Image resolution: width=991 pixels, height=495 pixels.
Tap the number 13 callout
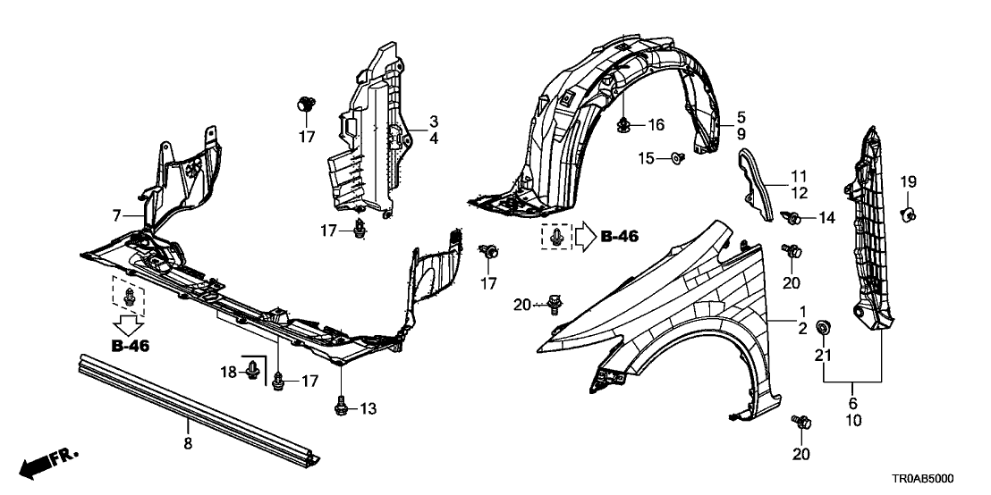pos(367,408)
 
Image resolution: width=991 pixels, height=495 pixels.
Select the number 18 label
pos(228,371)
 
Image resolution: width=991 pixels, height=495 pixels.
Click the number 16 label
pos(657,123)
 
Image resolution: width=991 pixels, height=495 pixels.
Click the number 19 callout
pos(905,182)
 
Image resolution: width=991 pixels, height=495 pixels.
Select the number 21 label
pos(823,357)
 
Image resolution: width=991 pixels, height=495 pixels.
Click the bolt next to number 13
pos(341,406)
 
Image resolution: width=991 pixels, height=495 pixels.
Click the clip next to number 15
pos(676,160)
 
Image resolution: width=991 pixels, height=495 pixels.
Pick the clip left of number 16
pos(623,124)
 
